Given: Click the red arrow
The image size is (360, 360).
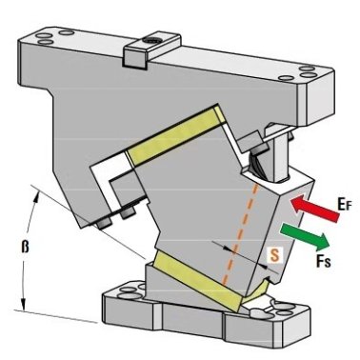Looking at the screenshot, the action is [x=314, y=209].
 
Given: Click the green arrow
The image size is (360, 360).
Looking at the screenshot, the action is [x=305, y=236].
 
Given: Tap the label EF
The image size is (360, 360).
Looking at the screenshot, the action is [x=344, y=205].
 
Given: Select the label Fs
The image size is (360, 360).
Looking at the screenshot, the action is [x=323, y=260].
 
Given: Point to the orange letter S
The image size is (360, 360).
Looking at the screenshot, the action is [x=274, y=255].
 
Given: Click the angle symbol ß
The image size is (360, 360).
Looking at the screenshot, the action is [x=25, y=246].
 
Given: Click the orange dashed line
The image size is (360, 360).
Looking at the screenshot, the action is [x=240, y=234].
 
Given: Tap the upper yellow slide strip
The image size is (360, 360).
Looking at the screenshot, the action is [x=176, y=135].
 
